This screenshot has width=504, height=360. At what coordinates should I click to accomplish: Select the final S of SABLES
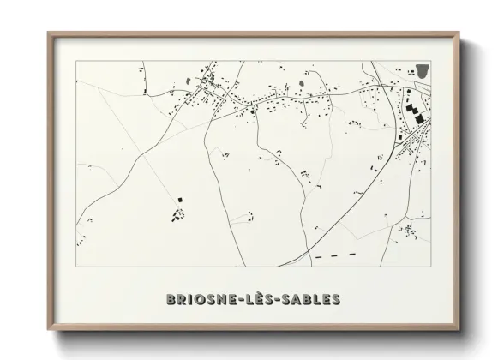pos(336,299)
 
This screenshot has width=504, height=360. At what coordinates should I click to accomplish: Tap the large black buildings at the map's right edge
pos(415,112)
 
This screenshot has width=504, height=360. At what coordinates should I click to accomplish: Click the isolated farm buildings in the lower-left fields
pos(178,212)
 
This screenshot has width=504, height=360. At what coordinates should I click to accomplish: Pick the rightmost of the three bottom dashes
pos(350,255)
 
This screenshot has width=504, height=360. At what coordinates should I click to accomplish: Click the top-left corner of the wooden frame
pos(48,33)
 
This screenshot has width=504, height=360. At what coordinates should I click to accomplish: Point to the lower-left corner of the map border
pos(76,266)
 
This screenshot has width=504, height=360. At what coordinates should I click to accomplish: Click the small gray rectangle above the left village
pos(189,81)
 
